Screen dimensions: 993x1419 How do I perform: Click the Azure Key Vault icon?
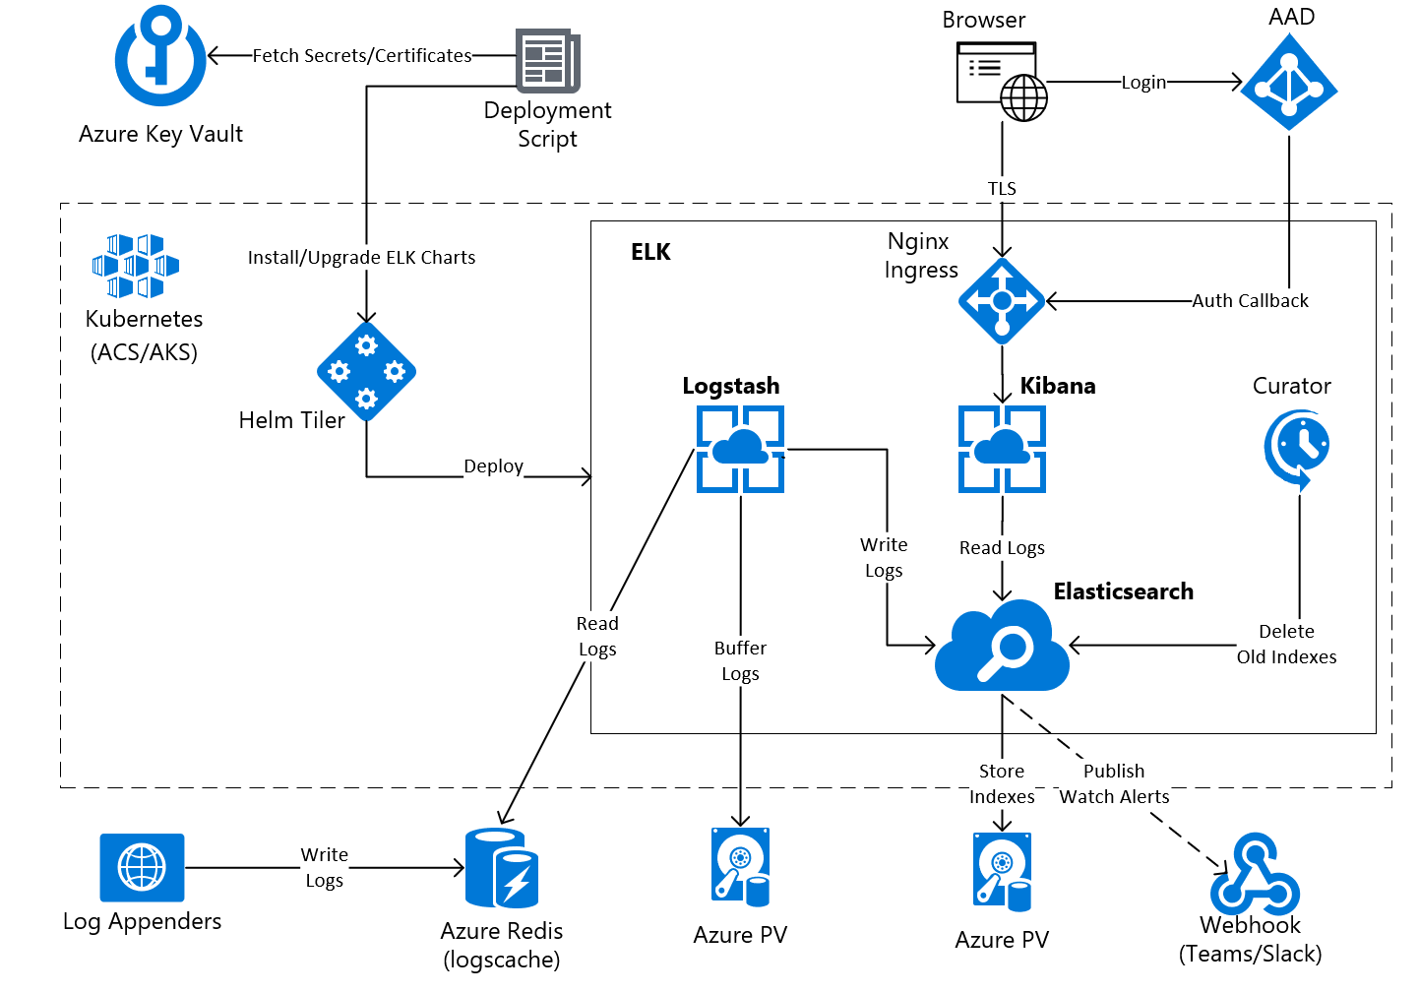160,57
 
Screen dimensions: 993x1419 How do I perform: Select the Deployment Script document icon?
547,60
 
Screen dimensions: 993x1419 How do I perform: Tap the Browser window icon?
1001,80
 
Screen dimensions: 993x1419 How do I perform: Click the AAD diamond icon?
1288,84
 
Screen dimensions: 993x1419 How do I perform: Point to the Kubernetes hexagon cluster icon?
136,266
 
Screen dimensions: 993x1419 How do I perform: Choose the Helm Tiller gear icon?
366,372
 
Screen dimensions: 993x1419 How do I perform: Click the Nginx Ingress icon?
1002,301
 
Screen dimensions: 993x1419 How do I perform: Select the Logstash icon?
740,449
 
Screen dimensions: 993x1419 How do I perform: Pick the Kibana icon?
1002,449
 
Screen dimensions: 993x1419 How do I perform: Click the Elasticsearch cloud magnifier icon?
1002,648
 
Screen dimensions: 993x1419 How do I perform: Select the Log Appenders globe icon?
142,867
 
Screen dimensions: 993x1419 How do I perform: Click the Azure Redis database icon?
502,867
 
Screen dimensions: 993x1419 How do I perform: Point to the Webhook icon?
1254,875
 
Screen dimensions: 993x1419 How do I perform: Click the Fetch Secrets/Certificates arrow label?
362,56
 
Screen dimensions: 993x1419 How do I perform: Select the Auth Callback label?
1250,301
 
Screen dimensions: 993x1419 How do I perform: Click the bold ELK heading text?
650,252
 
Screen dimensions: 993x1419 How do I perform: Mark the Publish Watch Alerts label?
1114,784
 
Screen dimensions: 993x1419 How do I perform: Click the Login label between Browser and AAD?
1143,83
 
